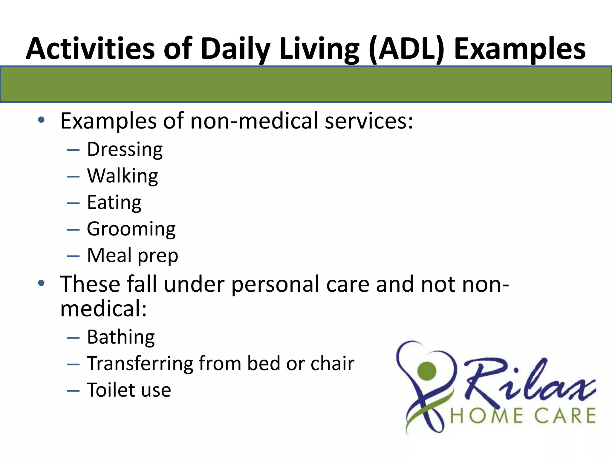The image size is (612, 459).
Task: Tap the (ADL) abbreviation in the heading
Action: pos(407,49)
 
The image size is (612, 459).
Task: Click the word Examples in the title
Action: pos(520,49)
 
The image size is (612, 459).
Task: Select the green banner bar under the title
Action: pos(306,84)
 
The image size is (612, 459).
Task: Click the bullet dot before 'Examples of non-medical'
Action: pos(41,120)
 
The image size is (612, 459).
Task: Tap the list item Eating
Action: pos(114,202)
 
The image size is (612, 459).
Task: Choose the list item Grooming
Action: pos(131,229)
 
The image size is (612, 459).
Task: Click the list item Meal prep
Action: pos(132,255)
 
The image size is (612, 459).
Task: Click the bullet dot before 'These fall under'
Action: pos(41,283)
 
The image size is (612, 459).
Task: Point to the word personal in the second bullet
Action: pos(275,284)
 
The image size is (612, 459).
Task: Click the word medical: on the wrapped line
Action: pos(103,308)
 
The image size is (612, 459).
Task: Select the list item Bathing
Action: pos(121,337)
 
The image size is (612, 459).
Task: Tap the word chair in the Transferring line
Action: pos(332,364)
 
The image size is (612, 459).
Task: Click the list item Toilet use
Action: pos(129,390)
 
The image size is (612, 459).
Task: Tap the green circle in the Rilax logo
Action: pos(427,370)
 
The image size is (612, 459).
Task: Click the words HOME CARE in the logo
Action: pos(523,416)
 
